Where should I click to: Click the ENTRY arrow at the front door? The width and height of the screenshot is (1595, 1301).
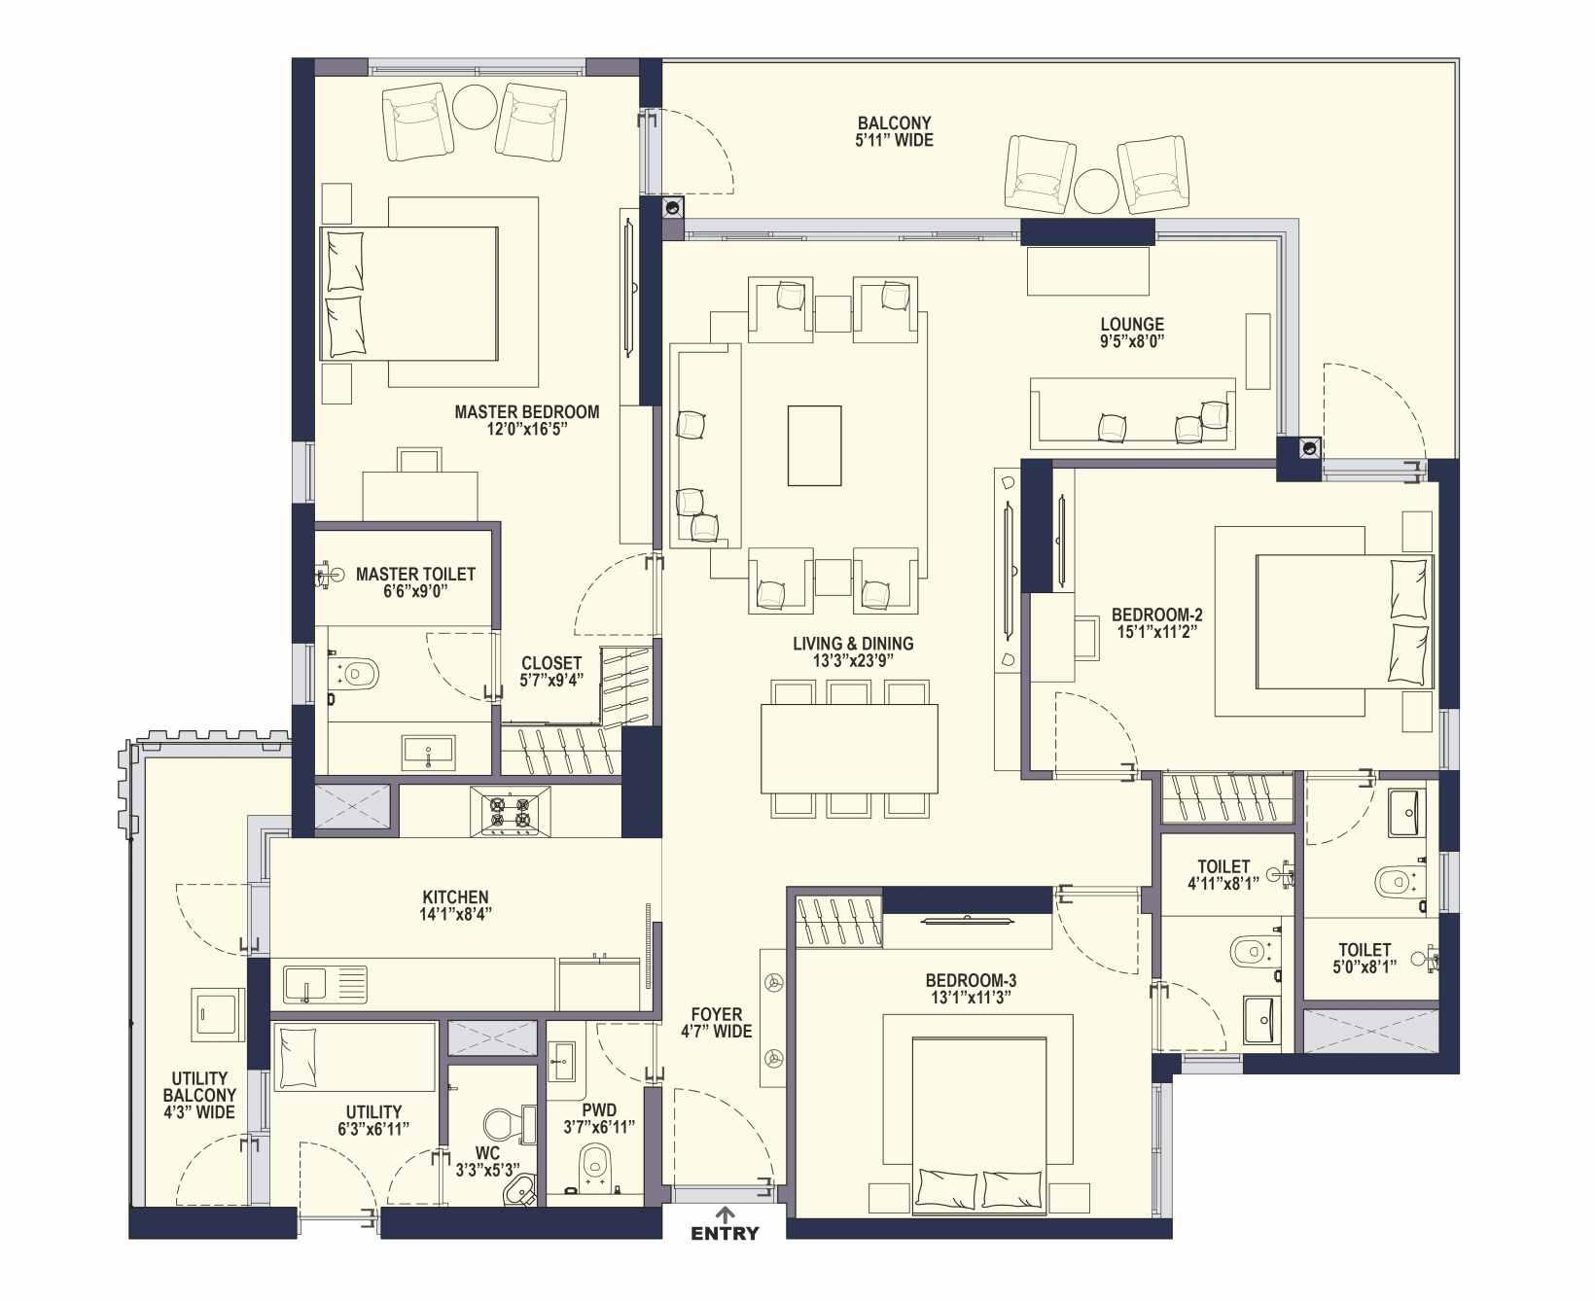(725, 1213)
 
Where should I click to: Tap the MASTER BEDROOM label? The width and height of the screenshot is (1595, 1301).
(527, 412)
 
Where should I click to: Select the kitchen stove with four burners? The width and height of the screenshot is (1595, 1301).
(511, 811)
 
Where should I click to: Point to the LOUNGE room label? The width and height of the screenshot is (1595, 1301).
(1132, 325)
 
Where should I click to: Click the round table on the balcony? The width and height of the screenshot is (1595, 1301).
(1096, 192)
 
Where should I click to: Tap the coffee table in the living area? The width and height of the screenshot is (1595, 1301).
(814, 445)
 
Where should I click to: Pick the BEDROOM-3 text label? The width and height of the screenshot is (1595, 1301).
(971, 981)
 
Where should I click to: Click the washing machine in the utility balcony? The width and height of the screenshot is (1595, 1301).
(218, 1015)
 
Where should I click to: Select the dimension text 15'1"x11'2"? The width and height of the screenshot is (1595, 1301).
(1156, 631)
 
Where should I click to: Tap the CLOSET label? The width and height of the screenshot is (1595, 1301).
(551, 664)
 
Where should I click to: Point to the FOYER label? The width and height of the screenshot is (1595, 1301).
(717, 1014)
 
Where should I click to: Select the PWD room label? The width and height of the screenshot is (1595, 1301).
(599, 1110)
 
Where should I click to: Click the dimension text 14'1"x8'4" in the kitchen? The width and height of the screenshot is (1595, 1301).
(455, 914)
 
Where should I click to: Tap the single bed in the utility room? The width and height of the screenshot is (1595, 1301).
(354, 1058)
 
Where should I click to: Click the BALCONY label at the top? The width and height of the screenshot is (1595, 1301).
(895, 123)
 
